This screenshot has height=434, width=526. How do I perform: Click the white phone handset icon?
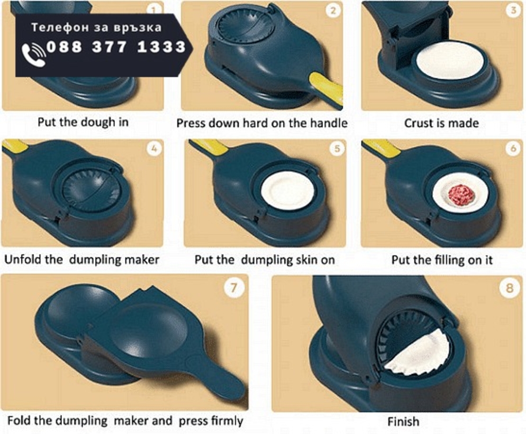point(34,55)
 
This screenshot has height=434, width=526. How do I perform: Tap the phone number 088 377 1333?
point(117,46)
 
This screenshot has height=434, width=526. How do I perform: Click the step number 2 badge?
point(333,10)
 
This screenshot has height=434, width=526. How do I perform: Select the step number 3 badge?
point(513,10)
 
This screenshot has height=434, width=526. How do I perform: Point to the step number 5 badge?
point(337,149)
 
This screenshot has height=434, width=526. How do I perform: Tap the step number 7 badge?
point(234,288)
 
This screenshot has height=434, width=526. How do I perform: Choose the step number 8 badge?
point(509,288)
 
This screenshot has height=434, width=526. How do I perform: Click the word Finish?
point(403,421)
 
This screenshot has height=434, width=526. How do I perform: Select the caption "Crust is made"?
point(441,123)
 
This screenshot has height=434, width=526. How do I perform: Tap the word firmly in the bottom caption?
point(227,421)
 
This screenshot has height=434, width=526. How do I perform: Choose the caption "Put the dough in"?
point(83,122)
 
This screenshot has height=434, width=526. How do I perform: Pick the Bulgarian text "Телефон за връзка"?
point(97,27)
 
